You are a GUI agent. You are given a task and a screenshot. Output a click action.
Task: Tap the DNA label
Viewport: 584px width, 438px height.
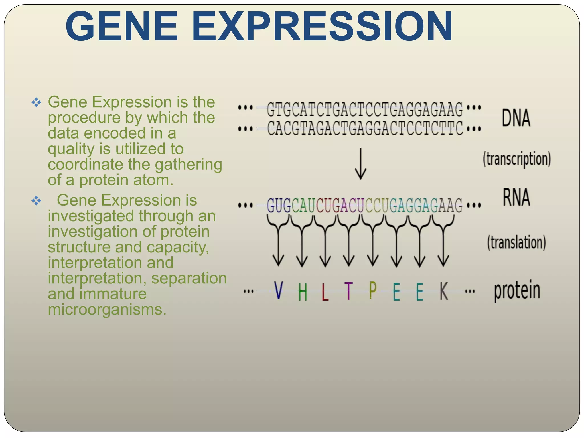(x=516, y=118)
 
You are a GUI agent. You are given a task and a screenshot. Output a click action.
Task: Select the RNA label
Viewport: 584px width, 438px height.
(x=516, y=197)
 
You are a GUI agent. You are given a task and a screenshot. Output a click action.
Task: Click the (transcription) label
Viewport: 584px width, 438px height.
(x=517, y=159)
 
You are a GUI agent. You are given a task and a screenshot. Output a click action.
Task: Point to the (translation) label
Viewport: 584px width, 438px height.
(x=516, y=243)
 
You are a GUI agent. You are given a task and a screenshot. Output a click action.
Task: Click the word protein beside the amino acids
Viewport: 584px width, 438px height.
(x=517, y=291)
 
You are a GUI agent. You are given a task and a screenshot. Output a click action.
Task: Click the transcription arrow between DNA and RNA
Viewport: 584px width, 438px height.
(x=360, y=164)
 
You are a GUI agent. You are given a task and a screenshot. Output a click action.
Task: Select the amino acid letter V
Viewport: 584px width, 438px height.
(x=278, y=291)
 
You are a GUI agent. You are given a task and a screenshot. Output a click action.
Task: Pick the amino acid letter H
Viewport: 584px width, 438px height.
(x=303, y=292)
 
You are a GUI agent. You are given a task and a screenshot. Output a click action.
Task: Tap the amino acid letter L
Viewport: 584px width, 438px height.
(x=325, y=291)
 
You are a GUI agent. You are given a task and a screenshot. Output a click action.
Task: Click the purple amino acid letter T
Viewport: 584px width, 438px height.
(x=348, y=291)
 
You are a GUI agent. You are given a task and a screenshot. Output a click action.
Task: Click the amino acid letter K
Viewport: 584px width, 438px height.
(x=444, y=291)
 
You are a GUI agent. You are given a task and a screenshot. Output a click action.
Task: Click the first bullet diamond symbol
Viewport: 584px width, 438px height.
(x=36, y=102)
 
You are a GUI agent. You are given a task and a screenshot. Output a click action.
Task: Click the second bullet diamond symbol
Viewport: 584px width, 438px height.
(x=36, y=201)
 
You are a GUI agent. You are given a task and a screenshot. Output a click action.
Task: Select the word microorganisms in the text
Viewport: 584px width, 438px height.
(x=107, y=309)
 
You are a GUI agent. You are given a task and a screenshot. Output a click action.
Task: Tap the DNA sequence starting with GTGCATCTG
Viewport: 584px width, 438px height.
(x=365, y=109)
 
